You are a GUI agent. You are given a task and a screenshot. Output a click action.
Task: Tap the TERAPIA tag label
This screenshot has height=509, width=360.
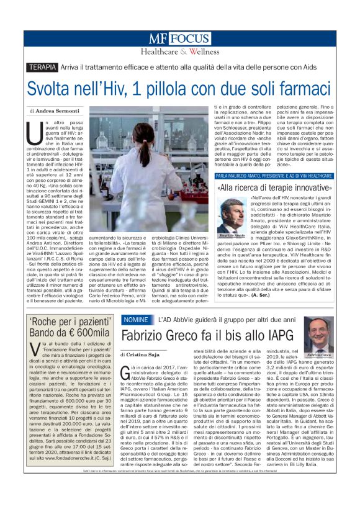pyautogui.click(x=43, y=67)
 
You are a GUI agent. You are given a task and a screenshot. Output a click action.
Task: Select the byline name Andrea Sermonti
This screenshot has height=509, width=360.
pyautogui.click(x=56, y=110)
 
